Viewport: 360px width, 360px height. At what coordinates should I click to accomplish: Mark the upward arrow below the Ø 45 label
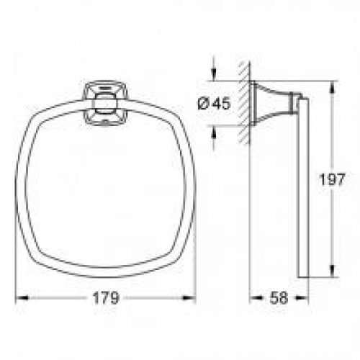point(212,131)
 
